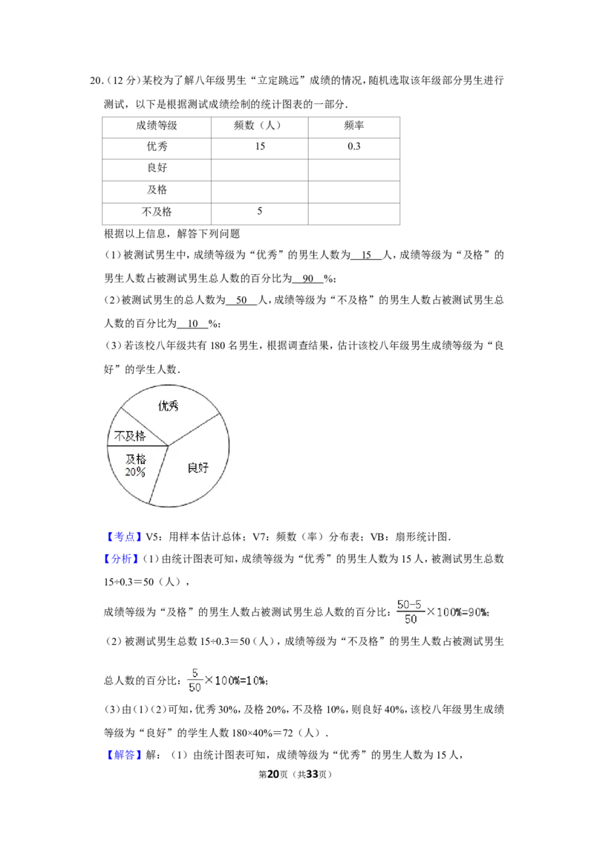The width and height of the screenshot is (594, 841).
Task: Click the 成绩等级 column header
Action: pos(157,126)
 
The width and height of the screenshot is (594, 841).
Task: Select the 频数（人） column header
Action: pos(259,126)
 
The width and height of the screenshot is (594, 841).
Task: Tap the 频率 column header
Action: pos(354,126)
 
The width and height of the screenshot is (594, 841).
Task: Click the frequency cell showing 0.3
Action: pos(354,146)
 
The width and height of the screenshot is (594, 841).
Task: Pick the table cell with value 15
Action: pos(260,146)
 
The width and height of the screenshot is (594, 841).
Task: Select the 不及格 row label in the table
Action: pos(157,212)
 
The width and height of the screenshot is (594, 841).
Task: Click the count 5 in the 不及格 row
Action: pos(260,211)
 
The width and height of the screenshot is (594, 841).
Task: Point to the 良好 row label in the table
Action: pos(157,168)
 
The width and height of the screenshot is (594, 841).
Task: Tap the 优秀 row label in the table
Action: pos(157,146)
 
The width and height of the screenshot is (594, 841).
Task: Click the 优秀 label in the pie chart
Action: pos(168,406)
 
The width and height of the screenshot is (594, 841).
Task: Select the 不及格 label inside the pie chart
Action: pos(130,436)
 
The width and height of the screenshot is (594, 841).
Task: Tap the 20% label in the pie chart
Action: pos(135,472)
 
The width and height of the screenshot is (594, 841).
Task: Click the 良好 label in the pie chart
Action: pos(198,468)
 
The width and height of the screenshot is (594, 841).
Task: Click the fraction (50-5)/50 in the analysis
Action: pos(410,612)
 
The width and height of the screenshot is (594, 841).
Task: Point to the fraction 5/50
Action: pos(195,680)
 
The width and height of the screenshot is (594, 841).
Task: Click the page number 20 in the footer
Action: pos(273,774)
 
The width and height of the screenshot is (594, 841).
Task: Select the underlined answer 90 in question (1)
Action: pos(308,279)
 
